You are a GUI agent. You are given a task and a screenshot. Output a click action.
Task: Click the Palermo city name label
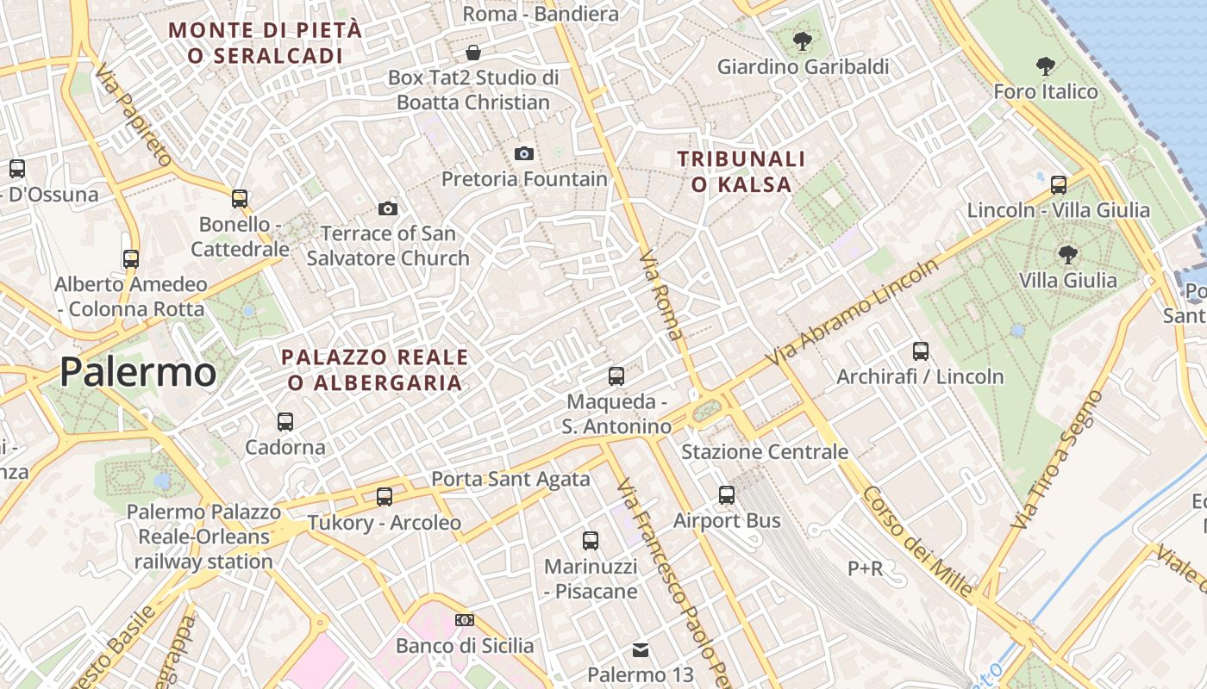click(x=138, y=372)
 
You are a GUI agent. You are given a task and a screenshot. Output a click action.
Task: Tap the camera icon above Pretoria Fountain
click(x=523, y=154)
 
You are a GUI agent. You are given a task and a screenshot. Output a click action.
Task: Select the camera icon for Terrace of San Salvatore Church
click(x=388, y=208)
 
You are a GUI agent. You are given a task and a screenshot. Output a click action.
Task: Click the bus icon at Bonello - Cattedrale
click(x=240, y=199)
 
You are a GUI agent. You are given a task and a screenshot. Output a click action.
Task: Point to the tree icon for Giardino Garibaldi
click(x=802, y=40)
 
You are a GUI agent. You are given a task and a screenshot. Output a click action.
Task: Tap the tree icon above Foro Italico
click(x=1045, y=66)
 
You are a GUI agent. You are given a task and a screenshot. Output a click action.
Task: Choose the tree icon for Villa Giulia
click(x=1067, y=255)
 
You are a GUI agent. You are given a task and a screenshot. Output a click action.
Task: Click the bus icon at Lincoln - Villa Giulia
click(x=1059, y=184)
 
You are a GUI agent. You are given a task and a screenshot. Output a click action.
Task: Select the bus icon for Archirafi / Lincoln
click(x=921, y=351)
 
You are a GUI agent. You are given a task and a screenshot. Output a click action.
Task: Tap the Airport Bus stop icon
click(x=727, y=495)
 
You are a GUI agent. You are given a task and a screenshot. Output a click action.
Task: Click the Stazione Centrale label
click(x=765, y=451)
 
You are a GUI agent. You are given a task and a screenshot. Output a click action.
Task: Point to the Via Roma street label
click(x=661, y=295)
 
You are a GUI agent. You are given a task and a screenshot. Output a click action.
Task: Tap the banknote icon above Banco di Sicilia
click(x=465, y=620)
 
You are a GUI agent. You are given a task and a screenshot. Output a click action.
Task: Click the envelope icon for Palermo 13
click(x=641, y=649)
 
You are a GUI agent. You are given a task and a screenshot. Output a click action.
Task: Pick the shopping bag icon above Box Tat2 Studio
click(x=473, y=53)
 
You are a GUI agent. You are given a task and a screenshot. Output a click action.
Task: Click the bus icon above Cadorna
click(x=285, y=422)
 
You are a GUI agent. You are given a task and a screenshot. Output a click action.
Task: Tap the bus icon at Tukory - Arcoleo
click(x=385, y=497)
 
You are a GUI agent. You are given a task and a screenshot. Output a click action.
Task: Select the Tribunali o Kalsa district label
click(x=741, y=171)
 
